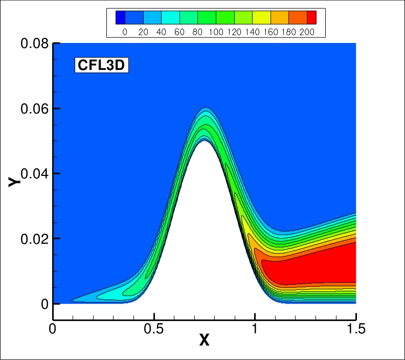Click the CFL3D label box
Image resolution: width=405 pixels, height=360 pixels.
click(101, 65)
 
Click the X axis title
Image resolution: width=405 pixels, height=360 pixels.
click(204, 340)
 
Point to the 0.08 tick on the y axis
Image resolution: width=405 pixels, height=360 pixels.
click(35, 43)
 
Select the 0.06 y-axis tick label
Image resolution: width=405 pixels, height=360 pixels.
click(35, 108)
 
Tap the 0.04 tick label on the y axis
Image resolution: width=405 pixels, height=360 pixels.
click(35, 173)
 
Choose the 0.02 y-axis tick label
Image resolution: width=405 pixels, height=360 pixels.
click(35, 238)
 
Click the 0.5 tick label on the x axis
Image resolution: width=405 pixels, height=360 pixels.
click(154, 328)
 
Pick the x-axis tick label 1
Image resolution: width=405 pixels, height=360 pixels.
click(255, 328)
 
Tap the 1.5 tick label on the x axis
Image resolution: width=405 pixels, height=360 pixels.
click(355, 328)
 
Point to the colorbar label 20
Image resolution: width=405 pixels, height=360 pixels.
click(143, 31)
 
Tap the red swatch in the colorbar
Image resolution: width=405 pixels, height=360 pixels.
click(307, 17)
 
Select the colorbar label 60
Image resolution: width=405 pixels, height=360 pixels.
click(179, 31)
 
